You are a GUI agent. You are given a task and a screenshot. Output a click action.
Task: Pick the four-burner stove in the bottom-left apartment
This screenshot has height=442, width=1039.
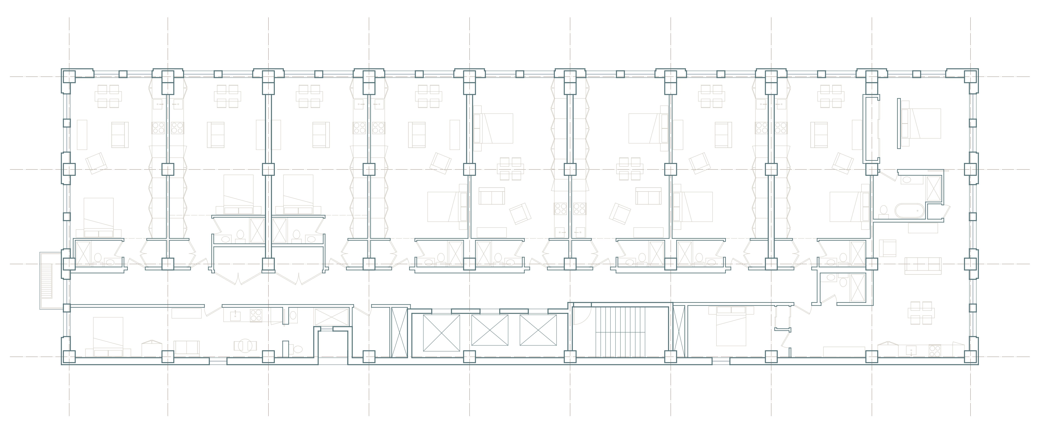pyautogui.click(x=256, y=315)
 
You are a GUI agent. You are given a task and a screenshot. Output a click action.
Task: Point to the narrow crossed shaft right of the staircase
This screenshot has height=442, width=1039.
pyautogui.click(x=679, y=332)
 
